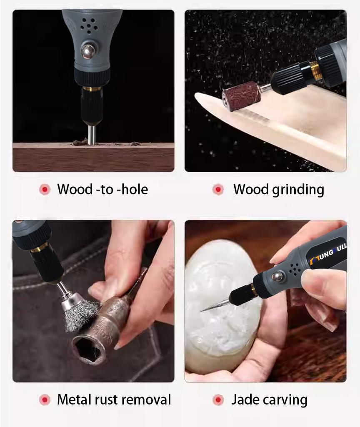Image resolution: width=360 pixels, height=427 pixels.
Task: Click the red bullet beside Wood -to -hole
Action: [45, 189]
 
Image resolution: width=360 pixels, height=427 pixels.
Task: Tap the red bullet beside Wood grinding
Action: [218, 189]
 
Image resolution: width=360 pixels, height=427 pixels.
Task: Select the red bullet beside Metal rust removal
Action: [45, 400]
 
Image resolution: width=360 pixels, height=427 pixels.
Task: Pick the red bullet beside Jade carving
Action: [218, 400]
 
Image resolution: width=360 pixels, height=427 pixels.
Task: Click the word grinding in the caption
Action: [298, 190]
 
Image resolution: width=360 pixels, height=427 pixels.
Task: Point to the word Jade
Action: [245, 399]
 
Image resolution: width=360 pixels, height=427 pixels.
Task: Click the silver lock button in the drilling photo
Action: [88, 51]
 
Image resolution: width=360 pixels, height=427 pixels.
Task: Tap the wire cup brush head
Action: [79, 310]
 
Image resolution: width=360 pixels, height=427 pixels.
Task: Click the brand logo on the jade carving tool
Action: [328, 251]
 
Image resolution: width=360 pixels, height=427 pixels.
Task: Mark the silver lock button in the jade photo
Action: [278, 276]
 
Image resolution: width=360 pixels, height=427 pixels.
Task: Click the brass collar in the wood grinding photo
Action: [315, 71]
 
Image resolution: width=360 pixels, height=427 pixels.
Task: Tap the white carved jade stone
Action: [221, 304]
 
